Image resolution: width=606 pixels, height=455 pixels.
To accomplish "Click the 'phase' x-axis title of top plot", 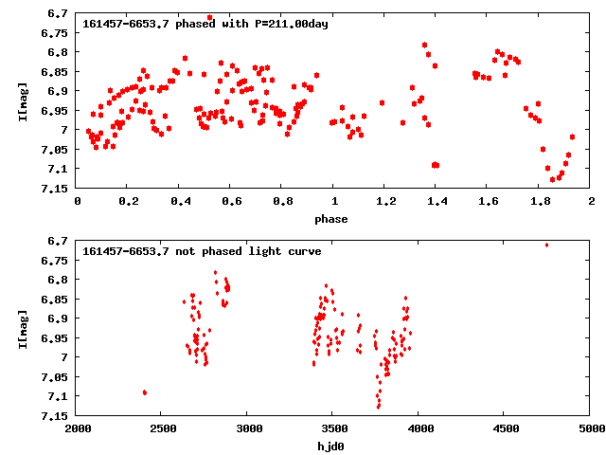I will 333,219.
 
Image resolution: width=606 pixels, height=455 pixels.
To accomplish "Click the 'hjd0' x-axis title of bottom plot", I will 333,446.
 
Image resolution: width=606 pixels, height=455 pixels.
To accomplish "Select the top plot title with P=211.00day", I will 205,24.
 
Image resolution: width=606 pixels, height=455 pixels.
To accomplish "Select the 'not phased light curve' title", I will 202,251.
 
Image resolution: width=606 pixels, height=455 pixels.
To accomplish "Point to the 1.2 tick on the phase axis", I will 385,201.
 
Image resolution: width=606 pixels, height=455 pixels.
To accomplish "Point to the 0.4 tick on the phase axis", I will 179,201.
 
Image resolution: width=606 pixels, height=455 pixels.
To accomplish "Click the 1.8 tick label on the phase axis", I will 540,201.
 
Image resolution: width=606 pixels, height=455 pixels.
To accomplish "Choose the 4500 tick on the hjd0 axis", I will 505,428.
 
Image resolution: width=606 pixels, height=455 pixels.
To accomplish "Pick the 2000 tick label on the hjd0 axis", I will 77,428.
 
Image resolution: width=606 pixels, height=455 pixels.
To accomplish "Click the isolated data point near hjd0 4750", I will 546,245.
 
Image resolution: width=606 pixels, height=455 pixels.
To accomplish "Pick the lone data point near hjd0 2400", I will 145,392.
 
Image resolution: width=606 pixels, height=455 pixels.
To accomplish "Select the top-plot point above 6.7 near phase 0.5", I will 210,17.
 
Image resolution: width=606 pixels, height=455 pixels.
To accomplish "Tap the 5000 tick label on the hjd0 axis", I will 591,428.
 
